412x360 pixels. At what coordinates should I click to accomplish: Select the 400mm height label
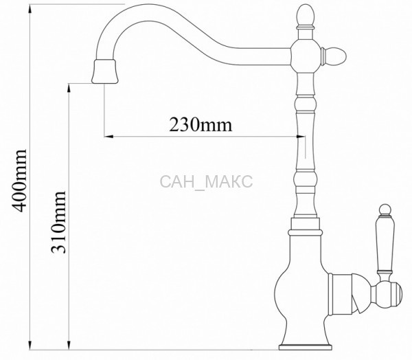point(20,181)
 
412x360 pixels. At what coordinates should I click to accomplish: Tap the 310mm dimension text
point(58,222)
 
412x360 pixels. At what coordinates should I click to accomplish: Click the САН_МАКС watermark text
point(206,181)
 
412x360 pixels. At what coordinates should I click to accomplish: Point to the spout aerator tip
point(104,71)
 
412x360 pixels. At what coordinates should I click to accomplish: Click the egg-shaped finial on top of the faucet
point(305,15)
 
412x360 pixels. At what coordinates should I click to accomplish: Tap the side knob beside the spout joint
point(334,56)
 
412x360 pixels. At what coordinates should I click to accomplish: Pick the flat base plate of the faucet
point(305,348)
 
